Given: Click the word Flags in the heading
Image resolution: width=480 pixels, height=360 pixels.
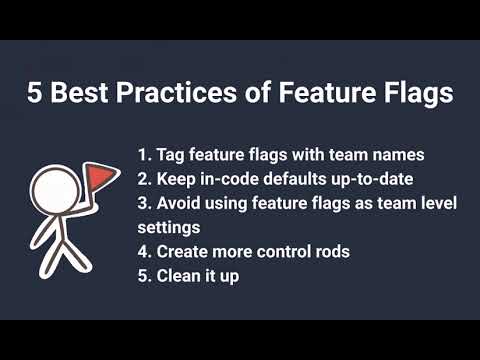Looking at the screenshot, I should [413, 94].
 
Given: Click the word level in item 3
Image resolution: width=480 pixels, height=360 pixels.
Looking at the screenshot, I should [438, 203].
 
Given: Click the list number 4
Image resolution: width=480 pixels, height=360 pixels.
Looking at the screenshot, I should [142, 250].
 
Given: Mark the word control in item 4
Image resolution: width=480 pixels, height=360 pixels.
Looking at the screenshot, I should [291, 250].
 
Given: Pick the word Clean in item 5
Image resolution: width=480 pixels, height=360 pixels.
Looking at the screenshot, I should [179, 274].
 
